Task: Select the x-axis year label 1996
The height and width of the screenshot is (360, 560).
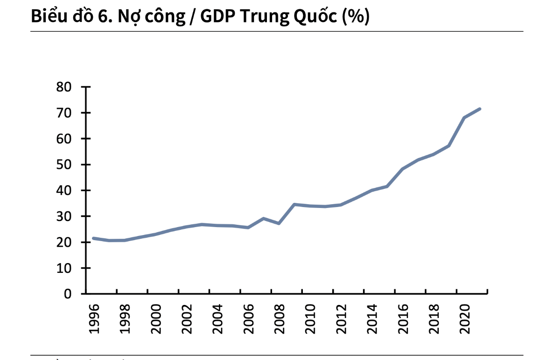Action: [x=94, y=319]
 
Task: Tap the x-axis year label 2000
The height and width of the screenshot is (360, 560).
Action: [x=156, y=319]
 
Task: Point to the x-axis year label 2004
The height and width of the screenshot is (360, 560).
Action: [x=218, y=319]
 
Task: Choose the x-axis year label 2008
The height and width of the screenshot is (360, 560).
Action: [x=280, y=319]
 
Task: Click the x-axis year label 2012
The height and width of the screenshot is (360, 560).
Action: [x=342, y=319]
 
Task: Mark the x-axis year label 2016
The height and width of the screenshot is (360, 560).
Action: [x=403, y=319]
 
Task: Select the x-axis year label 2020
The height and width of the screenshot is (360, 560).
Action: [x=465, y=319]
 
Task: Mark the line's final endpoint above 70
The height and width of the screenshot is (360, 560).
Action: [x=480, y=109]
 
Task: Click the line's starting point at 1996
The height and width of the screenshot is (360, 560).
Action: [x=93, y=238]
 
